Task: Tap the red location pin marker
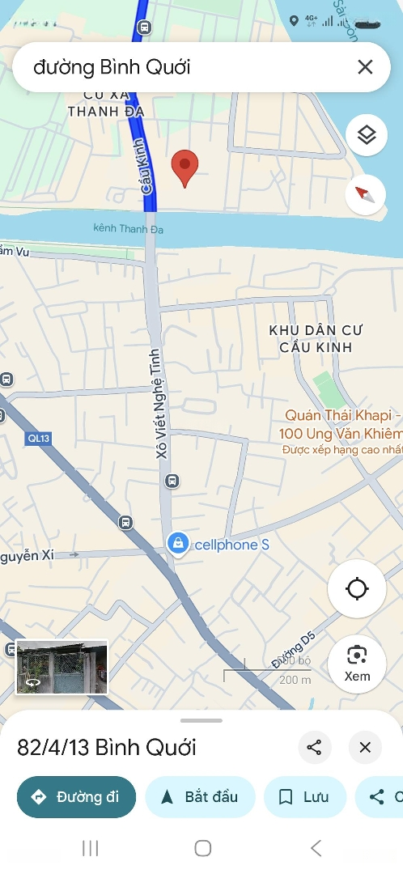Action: pos(185,167)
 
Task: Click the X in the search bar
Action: pos(365,66)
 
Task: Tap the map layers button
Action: pos(367,135)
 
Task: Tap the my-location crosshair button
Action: pos(357,588)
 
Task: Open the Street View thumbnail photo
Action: pos(62,667)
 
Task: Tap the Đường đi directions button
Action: pos(76,797)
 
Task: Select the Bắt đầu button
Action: pos(200,797)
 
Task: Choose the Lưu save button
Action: pos(304,797)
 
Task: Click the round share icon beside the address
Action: pos(315,748)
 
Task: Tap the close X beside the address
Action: pos(365,748)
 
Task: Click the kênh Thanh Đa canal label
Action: pos(128,230)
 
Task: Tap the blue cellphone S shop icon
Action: pos(176,544)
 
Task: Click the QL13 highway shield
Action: pos(37,438)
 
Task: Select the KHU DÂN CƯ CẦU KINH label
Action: pos(316,338)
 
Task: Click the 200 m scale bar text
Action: pos(295,680)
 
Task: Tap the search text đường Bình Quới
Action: pos(112,66)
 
